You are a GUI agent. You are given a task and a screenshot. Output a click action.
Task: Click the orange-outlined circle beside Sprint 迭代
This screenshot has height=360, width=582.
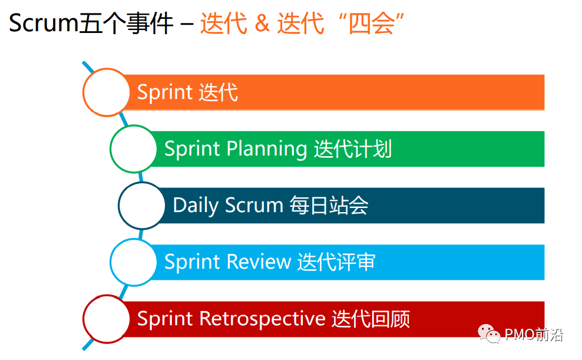click(106, 92)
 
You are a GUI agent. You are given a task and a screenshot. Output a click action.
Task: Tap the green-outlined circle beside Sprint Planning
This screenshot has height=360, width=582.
click(134, 148)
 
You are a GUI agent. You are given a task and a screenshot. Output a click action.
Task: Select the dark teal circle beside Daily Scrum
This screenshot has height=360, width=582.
click(142, 205)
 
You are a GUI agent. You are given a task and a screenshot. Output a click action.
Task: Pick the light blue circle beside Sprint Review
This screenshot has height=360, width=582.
click(134, 262)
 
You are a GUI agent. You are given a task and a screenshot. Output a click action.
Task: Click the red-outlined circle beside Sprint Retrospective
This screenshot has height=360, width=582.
click(106, 319)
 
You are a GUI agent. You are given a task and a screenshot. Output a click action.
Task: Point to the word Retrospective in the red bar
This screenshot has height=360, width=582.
click(263, 319)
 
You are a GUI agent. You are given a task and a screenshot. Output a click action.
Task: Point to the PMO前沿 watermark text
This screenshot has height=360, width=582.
click(534, 335)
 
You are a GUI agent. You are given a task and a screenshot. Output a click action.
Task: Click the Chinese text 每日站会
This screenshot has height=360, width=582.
click(329, 206)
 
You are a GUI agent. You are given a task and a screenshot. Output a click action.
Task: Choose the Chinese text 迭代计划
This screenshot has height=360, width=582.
click(353, 149)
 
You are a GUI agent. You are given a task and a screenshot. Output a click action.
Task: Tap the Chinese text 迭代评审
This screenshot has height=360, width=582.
click(336, 262)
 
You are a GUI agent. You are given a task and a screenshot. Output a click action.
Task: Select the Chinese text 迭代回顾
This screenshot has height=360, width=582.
click(371, 319)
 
